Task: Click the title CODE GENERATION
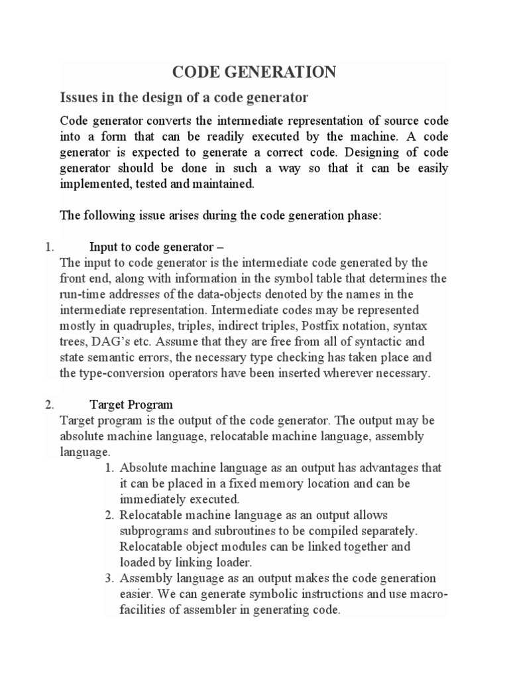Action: click(x=254, y=72)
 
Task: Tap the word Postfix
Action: click(x=321, y=325)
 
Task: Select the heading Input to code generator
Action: click(x=149, y=247)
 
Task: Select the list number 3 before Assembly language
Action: click(x=109, y=578)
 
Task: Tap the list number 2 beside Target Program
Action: click(x=49, y=404)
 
